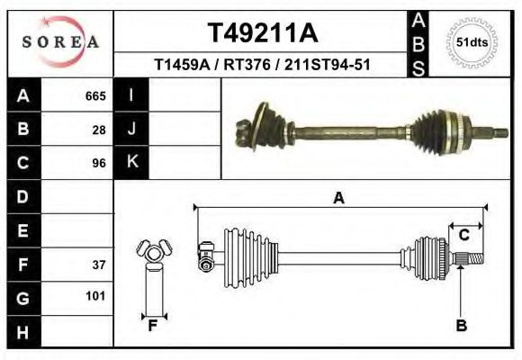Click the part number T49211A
coord(262,33)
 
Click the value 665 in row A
coord(94,96)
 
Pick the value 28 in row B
coord(98,130)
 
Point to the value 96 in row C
coord(98,163)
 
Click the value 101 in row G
coord(94,296)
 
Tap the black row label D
coord(22,196)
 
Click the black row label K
coord(131,163)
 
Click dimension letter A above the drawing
coord(338,199)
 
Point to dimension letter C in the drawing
coord(464,236)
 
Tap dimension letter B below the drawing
coord(461,325)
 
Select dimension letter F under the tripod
coord(153,326)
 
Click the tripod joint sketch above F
coord(152,251)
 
